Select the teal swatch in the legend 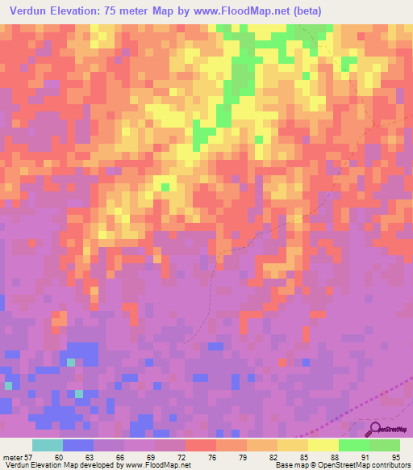click(x=48, y=446)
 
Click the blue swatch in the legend click(x=78, y=446)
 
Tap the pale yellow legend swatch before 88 click(x=323, y=446)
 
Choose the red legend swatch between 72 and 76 click(x=201, y=446)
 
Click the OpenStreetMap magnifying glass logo click(x=373, y=429)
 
